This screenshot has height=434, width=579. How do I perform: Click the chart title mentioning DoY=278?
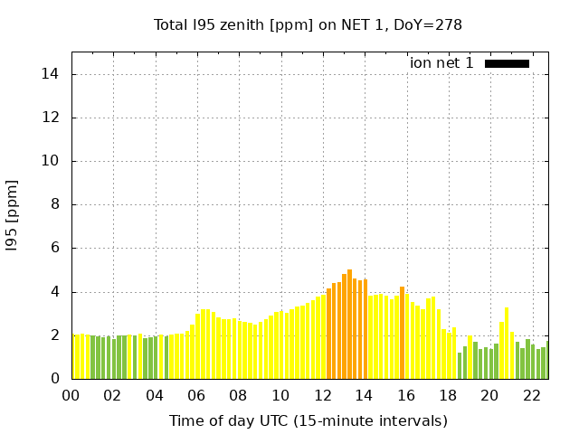coord(308,24)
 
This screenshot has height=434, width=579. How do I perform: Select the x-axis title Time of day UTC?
coord(308,420)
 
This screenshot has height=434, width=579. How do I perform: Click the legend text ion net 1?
coord(441,62)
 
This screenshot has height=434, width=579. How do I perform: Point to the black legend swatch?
coord(507,63)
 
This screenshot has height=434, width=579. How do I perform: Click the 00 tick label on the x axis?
coord(71,396)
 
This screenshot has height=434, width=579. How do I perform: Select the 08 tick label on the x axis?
coord(238,396)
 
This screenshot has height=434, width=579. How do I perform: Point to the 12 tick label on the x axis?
coord(322,396)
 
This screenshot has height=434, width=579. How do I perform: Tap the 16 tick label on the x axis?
coord(405,396)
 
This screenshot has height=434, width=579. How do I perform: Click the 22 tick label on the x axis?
coord(531,396)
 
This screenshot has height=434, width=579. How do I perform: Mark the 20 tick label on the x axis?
coord(489,396)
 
